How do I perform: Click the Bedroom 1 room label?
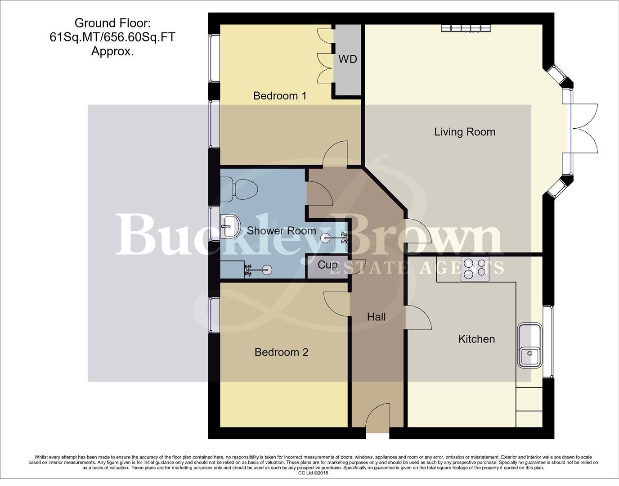point(279,96)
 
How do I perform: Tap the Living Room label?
point(464,132)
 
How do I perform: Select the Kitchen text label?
point(476,339)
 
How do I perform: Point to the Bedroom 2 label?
point(281,352)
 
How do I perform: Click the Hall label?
point(376,317)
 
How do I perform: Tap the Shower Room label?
point(281,231)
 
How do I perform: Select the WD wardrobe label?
point(347,59)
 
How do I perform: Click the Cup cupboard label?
point(327,265)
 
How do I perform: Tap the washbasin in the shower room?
point(231,226)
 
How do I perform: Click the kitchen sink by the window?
point(529,345)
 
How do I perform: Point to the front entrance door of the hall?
point(377,419)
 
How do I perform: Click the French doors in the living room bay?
point(584,128)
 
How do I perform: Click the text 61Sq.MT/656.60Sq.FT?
point(112,37)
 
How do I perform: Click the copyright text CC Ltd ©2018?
point(313,473)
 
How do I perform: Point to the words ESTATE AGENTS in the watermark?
point(416,267)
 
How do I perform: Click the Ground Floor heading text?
point(112,22)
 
